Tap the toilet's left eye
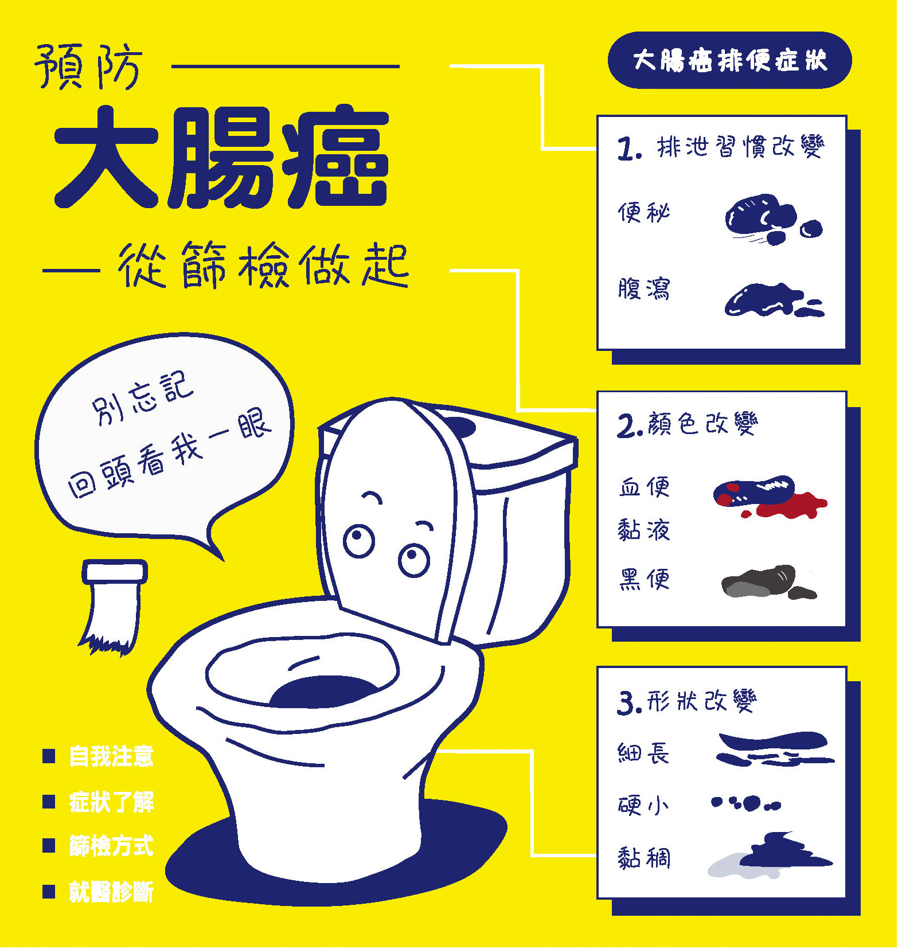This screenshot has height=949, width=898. pos(359,540)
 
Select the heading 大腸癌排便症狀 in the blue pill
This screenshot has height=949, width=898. pos(729,60)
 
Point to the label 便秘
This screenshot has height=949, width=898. pos(643,213)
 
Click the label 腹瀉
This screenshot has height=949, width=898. pos(643,288)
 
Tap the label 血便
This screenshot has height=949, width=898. pos(643,487)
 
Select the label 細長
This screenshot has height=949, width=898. pos(643,752)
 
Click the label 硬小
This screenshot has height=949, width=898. pos(643,805)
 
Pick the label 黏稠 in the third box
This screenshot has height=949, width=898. pos(643,858)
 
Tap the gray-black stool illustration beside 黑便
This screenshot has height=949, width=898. pos(769,582)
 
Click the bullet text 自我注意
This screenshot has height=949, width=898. pos(111,756)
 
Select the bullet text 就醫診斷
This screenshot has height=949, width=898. pos(111,892)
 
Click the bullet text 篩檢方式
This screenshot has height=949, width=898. pos(111,846)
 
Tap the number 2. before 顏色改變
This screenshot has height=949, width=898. pos(629,426)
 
